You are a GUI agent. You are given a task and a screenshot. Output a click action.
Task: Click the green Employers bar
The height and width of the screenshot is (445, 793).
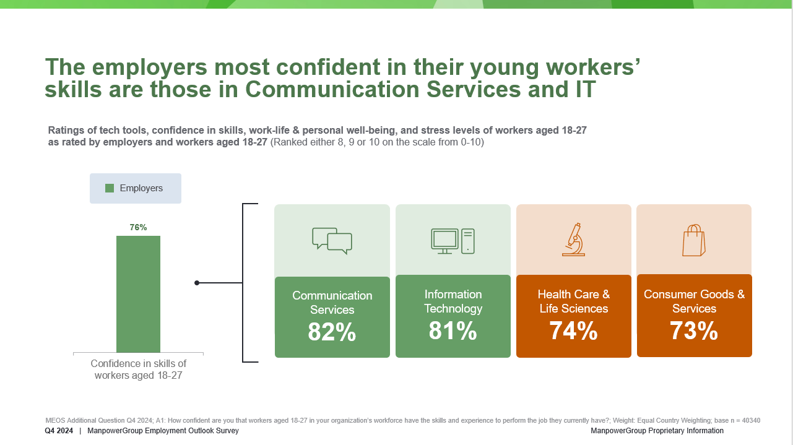[138, 294]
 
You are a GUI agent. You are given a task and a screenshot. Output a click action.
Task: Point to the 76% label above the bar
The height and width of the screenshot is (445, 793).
[138, 227]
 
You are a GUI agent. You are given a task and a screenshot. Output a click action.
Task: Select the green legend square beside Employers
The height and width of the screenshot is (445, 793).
[110, 188]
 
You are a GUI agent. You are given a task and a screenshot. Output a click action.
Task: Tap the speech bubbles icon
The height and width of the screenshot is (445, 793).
[332, 241]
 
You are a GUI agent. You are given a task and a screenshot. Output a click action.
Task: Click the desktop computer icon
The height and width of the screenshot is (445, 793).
[453, 241]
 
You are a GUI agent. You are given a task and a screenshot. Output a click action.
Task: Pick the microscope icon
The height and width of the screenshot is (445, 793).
[574, 240]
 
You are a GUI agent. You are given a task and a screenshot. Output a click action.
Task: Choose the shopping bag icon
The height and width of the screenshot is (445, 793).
[694, 240]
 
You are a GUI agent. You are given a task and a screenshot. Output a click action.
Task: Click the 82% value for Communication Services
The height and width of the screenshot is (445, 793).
[332, 333]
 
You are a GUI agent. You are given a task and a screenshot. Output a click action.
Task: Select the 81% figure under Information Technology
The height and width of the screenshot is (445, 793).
[453, 332]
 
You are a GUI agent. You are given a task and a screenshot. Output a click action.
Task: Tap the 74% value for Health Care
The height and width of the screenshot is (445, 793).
[573, 332]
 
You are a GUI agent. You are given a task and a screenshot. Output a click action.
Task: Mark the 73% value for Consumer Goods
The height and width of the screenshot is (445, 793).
[694, 332]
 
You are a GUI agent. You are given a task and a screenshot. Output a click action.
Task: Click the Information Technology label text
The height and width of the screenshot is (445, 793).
[453, 301]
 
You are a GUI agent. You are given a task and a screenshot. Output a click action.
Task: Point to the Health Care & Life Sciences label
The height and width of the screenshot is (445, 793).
[574, 301]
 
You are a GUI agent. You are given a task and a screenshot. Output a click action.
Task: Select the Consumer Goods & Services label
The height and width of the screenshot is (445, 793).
[694, 301]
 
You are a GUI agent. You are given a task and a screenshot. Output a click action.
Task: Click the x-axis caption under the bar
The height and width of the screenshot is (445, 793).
[138, 369]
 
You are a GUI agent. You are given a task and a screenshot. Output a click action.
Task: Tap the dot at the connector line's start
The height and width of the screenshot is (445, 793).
[197, 283]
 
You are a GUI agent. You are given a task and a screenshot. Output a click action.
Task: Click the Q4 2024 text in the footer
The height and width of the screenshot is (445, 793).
[59, 431]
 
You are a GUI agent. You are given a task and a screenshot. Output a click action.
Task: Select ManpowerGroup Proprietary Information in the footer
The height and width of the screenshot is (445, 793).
[657, 431]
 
